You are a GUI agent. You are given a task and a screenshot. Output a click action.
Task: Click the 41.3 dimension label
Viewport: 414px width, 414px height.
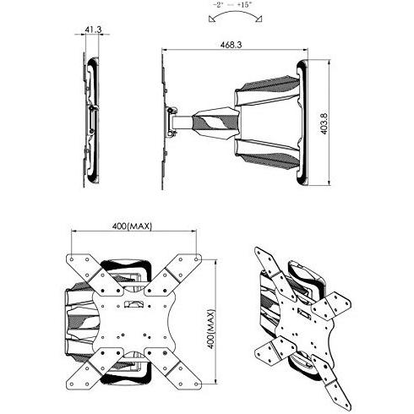(x=93, y=30)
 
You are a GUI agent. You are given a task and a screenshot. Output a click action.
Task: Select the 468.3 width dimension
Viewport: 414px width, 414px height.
(x=231, y=45)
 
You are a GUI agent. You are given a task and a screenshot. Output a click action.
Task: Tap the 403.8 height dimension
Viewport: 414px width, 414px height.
(x=324, y=124)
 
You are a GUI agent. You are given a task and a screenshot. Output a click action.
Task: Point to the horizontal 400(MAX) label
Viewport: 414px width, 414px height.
(x=132, y=226)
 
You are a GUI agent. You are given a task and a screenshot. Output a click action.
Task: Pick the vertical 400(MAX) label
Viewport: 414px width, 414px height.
(x=211, y=330)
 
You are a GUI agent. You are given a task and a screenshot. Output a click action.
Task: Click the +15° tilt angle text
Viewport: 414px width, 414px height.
(x=244, y=5)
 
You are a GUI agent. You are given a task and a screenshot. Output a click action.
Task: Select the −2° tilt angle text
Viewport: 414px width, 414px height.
(x=218, y=5)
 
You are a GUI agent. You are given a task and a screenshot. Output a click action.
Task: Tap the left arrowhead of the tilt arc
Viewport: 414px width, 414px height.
(x=211, y=19)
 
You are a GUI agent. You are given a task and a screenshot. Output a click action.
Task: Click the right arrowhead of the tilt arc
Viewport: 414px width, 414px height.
(x=259, y=19)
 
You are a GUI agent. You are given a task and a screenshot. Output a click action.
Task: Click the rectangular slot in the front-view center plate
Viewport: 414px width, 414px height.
(x=134, y=305)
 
